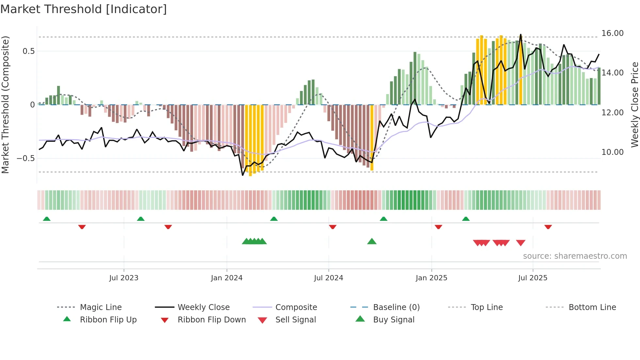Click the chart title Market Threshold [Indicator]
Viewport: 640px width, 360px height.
tap(84, 9)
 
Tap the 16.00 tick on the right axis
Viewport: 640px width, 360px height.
tap(612, 33)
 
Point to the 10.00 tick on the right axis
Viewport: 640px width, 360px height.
tap(612, 152)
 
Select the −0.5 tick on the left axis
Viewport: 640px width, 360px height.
tap(25, 158)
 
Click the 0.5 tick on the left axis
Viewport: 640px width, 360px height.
tap(28, 51)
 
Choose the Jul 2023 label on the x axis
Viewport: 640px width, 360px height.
tap(124, 278)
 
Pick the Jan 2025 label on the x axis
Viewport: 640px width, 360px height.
tap(431, 278)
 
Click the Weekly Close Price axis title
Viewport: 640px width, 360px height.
tap(634, 105)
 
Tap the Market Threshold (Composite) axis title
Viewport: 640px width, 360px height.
tap(5, 105)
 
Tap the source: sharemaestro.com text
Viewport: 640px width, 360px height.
tap(575, 256)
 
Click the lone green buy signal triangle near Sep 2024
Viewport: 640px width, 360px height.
tap(372, 242)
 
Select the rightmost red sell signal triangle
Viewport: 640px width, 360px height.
tap(520, 243)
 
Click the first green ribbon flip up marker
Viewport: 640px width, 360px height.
tap(47, 219)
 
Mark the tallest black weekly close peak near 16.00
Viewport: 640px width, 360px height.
tap(520, 35)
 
